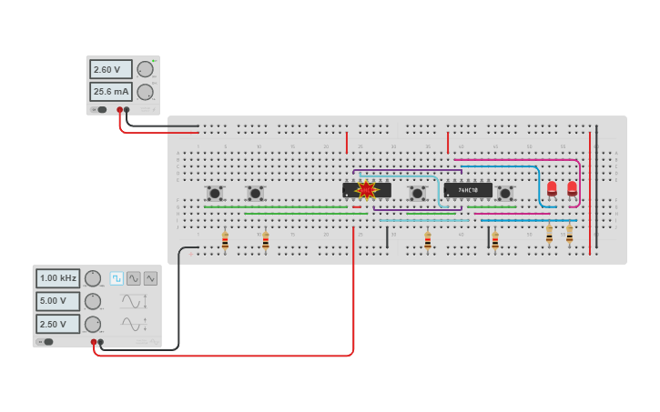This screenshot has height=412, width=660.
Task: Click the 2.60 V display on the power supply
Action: pos(110,69)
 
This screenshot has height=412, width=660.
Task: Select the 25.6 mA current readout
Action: pos(110,91)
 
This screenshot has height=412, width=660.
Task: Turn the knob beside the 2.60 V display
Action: pos(145,69)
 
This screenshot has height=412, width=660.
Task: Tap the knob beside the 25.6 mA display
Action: pos(145,91)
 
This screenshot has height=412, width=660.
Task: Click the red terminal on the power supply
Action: pos(119,110)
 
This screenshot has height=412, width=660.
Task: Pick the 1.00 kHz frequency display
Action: pos(58,278)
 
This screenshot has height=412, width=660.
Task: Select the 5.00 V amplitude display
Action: pos(58,301)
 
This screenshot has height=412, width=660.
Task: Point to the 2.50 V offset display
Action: pos(58,324)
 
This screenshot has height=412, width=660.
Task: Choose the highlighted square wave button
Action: pos(117,278)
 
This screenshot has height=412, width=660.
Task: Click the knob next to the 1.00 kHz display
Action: pos(92,278)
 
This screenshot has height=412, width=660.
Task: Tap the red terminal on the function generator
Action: pos(94,342)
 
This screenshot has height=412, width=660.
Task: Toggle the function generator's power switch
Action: pos(47,342)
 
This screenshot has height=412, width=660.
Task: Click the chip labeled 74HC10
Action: pos(468,190)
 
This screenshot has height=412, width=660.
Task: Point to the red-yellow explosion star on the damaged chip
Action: pos(366,190)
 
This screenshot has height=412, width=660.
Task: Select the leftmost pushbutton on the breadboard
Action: pos(215,193)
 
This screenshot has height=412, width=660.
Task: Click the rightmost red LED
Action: pos(572,188)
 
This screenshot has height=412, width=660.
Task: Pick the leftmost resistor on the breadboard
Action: pos(225,241)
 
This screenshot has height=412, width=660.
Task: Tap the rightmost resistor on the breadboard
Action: pos(570,235)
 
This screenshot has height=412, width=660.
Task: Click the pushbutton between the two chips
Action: pos(417,193)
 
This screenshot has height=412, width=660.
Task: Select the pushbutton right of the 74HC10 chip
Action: pos(505,193)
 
